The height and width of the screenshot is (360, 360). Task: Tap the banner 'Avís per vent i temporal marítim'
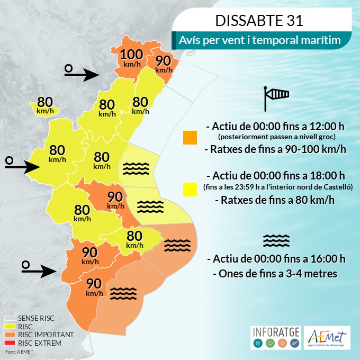click(x=259, y=40)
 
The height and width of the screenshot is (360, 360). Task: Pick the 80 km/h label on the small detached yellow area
click(x=45, y=105)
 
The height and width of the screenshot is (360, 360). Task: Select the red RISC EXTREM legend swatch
click(x=10, y=344)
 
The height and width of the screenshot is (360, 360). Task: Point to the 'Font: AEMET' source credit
click(x=19, y=352)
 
